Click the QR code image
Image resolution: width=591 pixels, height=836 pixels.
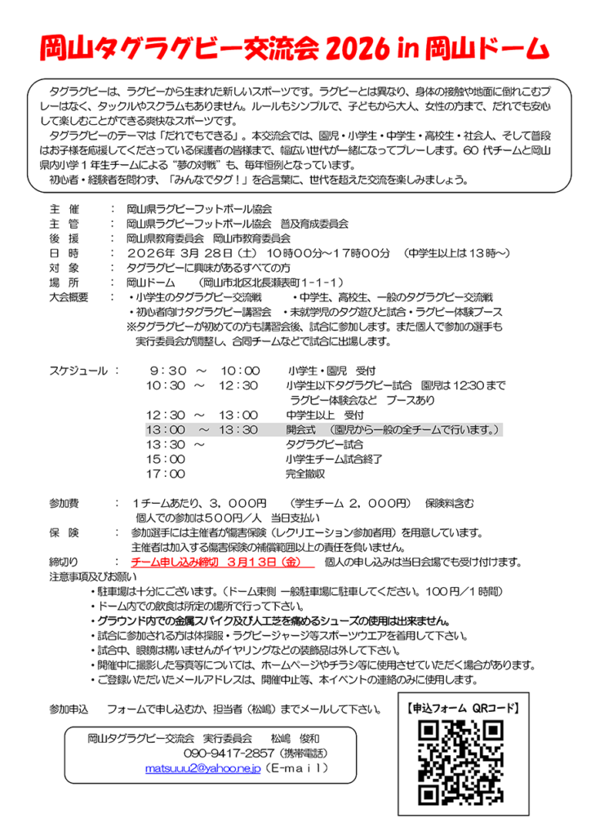(x=458, y=759)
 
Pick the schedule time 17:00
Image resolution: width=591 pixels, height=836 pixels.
(x=166, y=473)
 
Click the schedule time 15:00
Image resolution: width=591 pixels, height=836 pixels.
(x=166, y=458)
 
